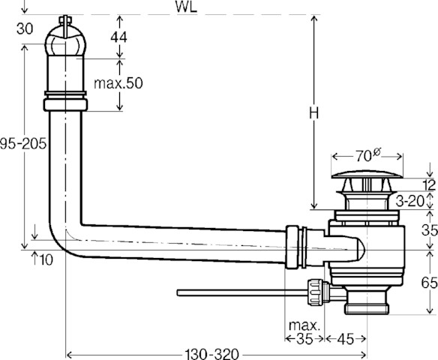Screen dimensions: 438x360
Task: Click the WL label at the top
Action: (x=186, y=7)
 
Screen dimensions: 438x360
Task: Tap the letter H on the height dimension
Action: (x=314, y=114)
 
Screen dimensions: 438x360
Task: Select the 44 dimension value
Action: (x=118, y=37)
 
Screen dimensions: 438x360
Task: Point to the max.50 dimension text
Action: (x=118, y=83)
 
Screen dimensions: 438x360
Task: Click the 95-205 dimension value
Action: (x=23, y=145)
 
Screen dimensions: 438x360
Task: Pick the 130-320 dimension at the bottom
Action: (x=212, y=355)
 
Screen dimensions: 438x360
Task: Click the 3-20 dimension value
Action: (x=410, y=200)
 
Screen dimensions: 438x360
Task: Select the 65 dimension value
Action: (x=429, y=283)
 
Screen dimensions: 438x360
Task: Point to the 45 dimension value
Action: (x=346, y=339)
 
